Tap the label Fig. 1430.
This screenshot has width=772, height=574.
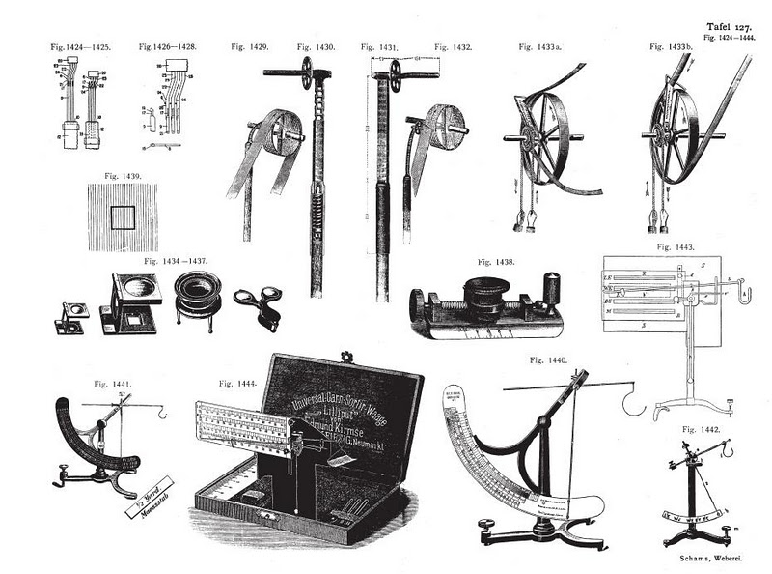316,46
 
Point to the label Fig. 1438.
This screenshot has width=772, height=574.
496,262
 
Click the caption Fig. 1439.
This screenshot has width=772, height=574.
123,176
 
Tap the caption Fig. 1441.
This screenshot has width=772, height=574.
112,384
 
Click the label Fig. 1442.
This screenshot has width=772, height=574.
702,428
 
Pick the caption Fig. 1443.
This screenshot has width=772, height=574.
675,247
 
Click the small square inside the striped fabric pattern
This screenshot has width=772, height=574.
123,216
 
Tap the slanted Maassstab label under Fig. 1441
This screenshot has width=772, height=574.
147,489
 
